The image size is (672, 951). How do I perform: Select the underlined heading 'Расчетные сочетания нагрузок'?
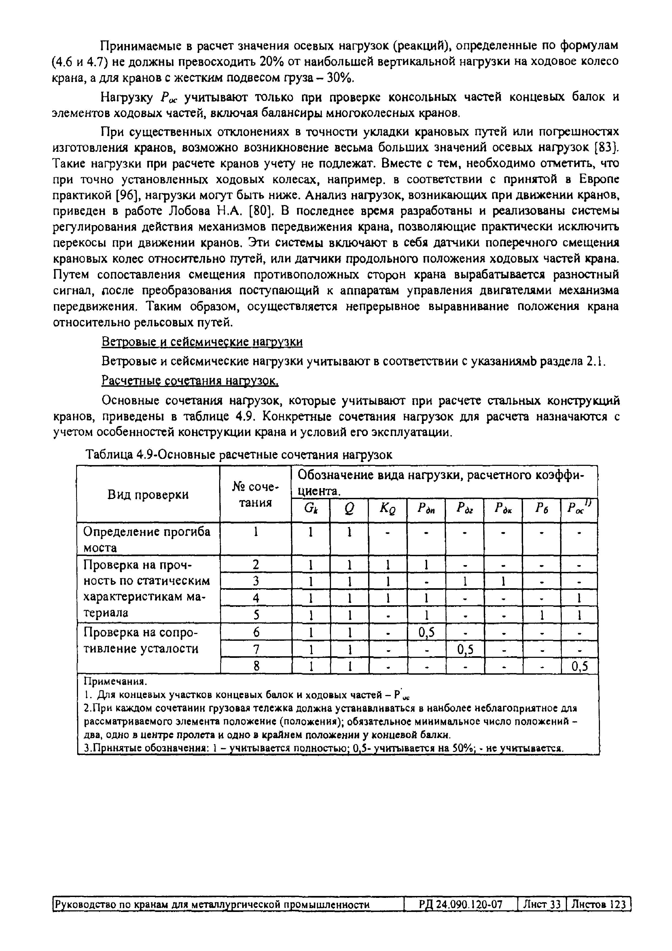(190, 380)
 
